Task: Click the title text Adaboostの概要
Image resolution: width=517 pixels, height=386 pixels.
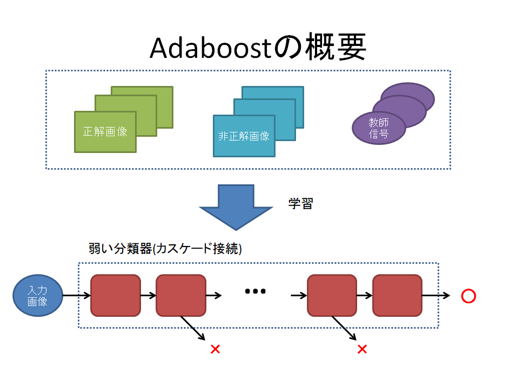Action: (x=258, y=49)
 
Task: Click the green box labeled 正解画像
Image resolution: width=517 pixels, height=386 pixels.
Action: (x=105, y=131)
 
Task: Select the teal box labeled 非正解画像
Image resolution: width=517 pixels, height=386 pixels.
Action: (x=244, y=136)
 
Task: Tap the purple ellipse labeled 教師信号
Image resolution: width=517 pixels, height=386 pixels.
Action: (x=379, y=128)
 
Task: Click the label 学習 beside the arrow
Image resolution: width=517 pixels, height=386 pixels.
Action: (x=301, y=204)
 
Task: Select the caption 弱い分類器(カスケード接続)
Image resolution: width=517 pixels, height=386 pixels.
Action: (x=165, y=249)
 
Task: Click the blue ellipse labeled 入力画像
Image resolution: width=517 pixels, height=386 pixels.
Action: (x=38, y=296)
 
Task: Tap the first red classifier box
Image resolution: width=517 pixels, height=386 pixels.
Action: (x=116, y=295)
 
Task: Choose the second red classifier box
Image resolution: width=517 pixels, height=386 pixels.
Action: (x=181, y=295)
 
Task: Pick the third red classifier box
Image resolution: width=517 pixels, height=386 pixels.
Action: (x=332, y=295)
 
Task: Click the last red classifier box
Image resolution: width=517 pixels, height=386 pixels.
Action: (x=397, y=295)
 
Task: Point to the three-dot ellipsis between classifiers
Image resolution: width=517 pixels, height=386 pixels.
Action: (x=256, y=291)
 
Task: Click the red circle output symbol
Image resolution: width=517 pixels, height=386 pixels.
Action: (x=468, y=296)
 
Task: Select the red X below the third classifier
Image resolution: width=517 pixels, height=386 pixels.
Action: (x=362, y=349)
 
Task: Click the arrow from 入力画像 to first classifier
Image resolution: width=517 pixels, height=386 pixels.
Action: (x=76, y=296)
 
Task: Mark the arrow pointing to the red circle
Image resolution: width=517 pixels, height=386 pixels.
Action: (x=436, y=296)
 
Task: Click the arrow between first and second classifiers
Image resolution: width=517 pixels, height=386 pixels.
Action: (x=148, y=296)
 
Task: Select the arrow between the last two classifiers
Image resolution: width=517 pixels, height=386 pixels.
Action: (x=364, y=296)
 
